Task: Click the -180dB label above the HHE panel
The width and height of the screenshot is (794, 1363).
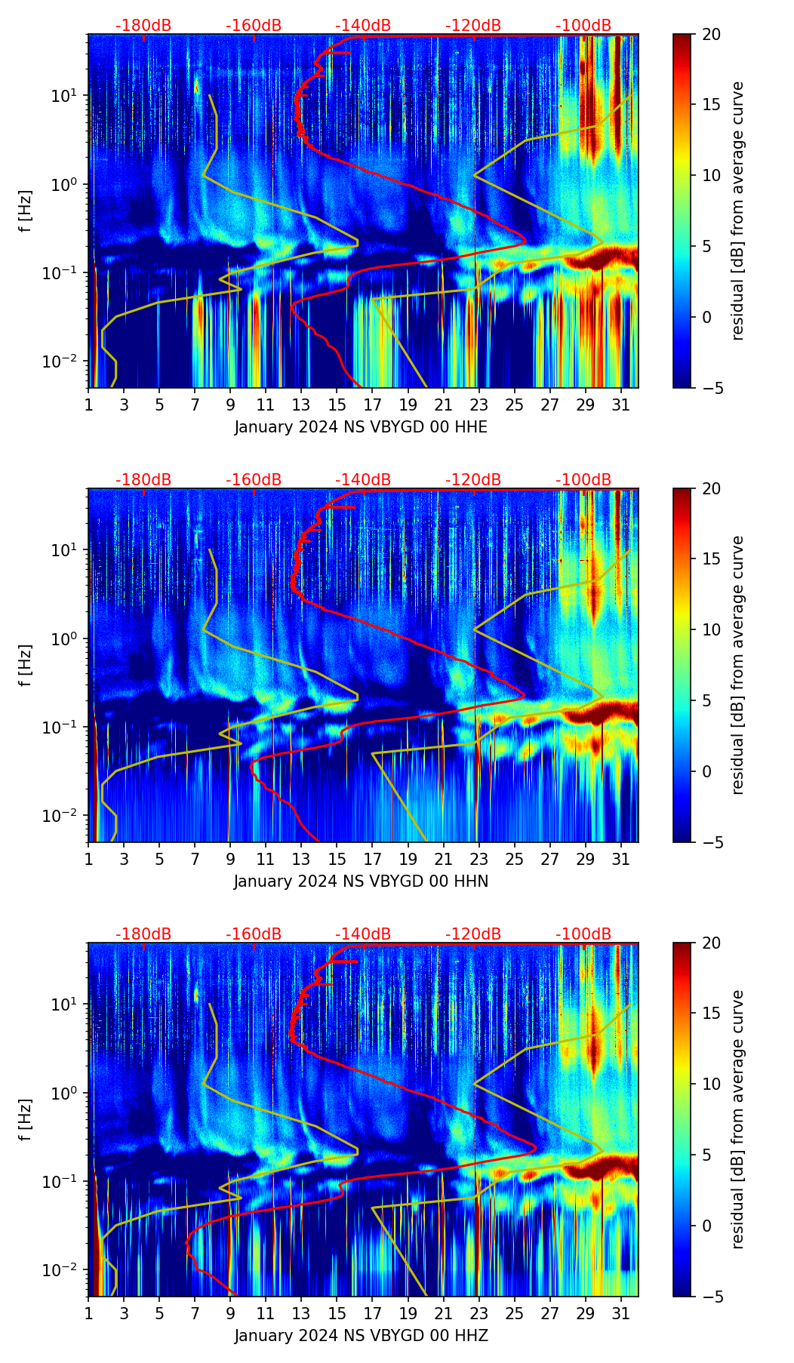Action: tap(143, 26)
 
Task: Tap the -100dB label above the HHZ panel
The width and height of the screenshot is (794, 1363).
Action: tap(583, 934)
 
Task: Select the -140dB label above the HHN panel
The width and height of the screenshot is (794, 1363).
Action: tap(363, 480)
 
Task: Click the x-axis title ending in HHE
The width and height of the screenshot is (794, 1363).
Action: tap(361, 427)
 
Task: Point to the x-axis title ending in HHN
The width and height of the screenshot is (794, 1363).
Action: tap(361, 881)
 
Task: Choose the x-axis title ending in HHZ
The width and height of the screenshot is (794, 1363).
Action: tap(361, 1336)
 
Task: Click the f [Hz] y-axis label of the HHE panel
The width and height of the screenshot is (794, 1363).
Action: tap(26, 211)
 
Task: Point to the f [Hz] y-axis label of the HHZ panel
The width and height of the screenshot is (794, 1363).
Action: tap(26, 1120)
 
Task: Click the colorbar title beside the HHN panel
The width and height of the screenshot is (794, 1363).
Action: tap(738, 665)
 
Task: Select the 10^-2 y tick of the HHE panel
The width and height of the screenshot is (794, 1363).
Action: tap(66, 362)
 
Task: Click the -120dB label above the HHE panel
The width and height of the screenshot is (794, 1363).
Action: tap(473, 26)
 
